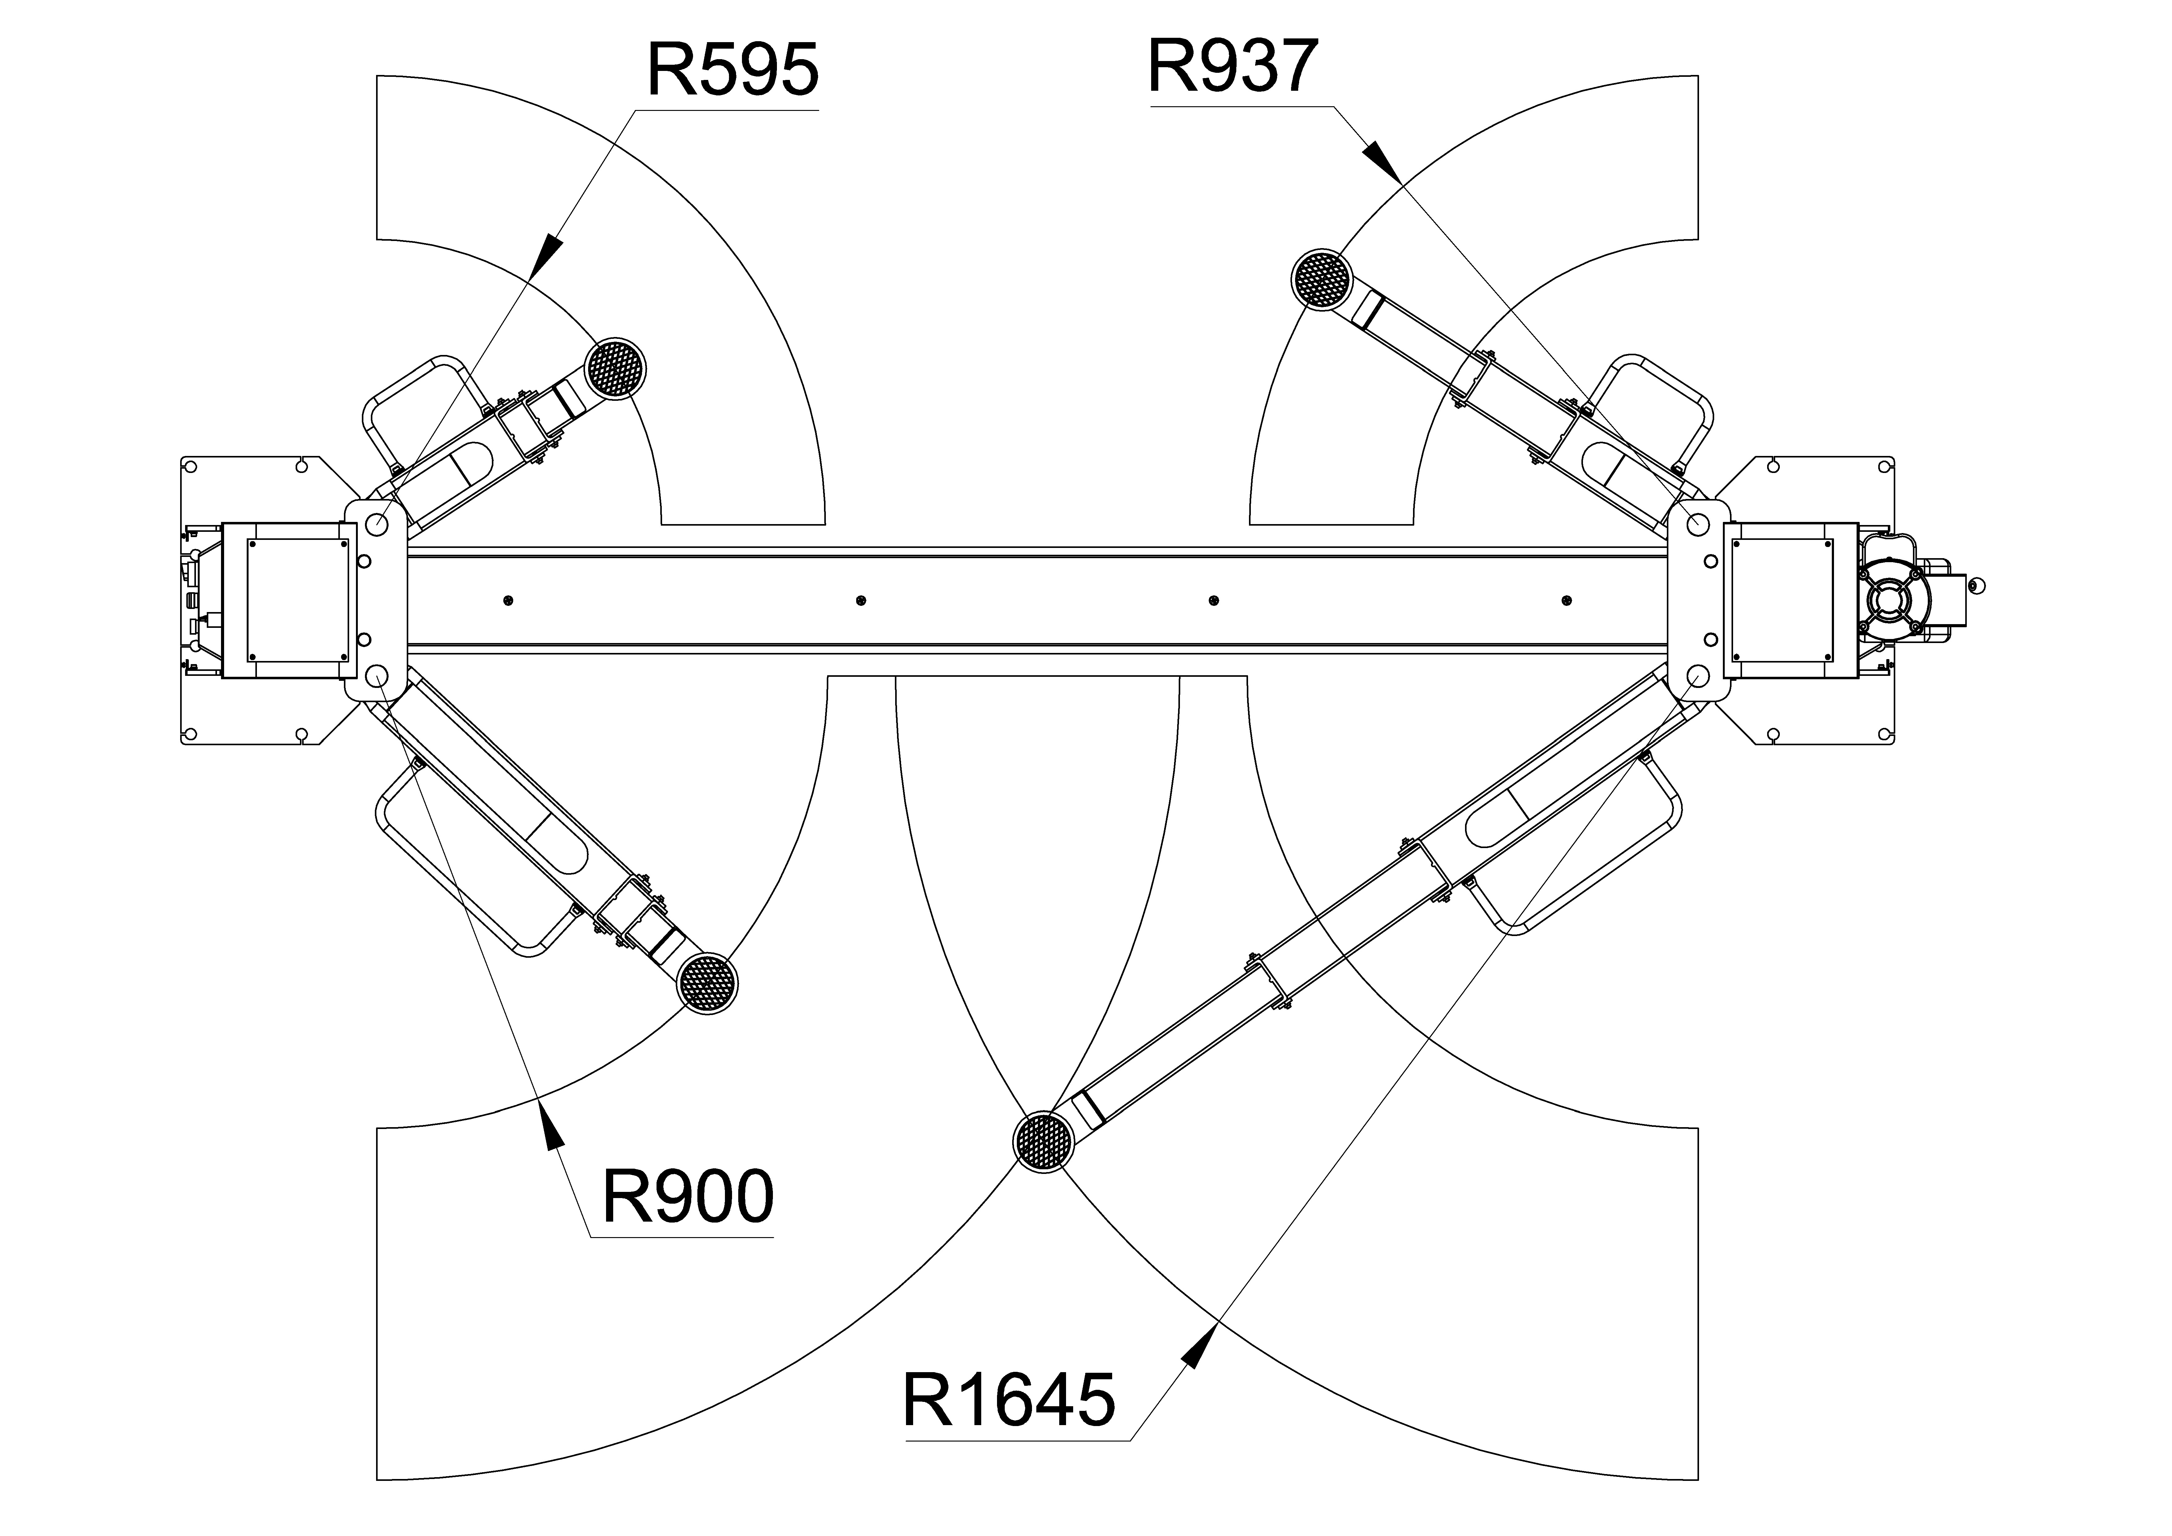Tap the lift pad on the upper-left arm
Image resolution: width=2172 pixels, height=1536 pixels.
(616, 368)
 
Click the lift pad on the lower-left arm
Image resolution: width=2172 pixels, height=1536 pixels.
(708, 983)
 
